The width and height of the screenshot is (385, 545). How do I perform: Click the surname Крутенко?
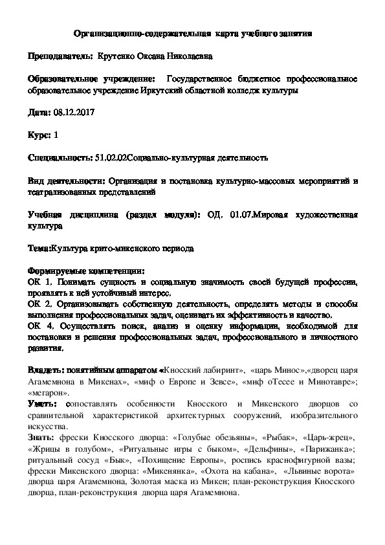click(118, 57)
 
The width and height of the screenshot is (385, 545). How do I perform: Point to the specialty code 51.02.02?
click(110, 157)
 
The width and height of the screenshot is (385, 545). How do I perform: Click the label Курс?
click(40, 135)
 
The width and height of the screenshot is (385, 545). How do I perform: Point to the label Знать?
click(42, 437)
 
